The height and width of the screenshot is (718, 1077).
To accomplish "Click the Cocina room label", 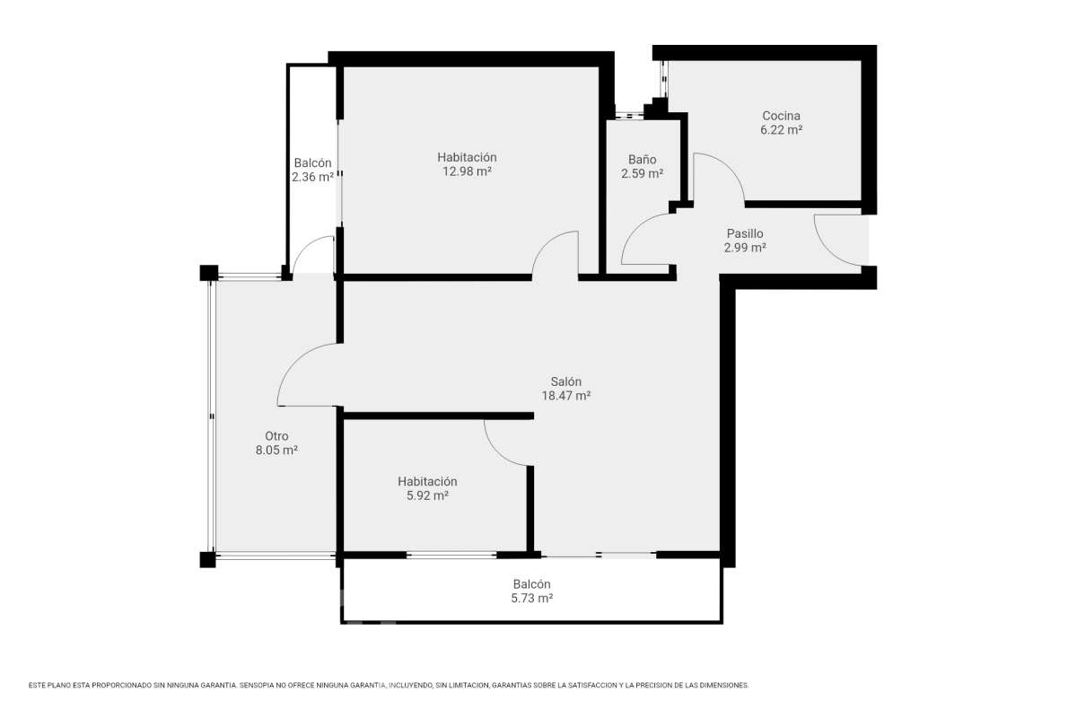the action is pyautogui.click(x=781, y=116).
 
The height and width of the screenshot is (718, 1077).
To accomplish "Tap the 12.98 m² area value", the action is pyautogui.click(x=467, y=171).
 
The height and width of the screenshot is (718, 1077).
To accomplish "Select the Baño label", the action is pyautogui.click(x=642, y=159).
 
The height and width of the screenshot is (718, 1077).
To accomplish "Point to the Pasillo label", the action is pyautogui.click(x=745, y=233).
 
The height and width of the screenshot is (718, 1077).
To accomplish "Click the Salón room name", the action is pyautogui.click(x=566, y=381).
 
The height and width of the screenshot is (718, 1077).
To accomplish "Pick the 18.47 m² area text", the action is pyautogui.click(x=566, y=396).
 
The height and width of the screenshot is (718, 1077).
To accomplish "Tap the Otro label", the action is pyautogui.click(x=276, y=436).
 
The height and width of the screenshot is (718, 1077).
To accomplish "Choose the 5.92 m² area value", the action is pyautogui.click(x=427, y=495).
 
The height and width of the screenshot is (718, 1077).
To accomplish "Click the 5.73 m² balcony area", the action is pyautogui.click(x=531, y=599).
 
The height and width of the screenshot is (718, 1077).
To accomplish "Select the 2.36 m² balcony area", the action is pyautogui.click(x=312, y=177).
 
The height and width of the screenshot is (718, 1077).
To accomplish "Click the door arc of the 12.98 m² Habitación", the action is pyautogui.click(x=546, y=244).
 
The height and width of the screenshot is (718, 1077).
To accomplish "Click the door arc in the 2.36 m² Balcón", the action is pyautogui.click(x=304, y=246).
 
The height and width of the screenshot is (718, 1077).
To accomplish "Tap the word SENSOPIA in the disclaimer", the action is pyautogui.click(x=259, y=685).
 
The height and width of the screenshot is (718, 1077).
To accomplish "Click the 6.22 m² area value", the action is pyautogui.click(x=781, y=130).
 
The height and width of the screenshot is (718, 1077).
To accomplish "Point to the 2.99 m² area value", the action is pyautogui.click(x=745, y=248).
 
